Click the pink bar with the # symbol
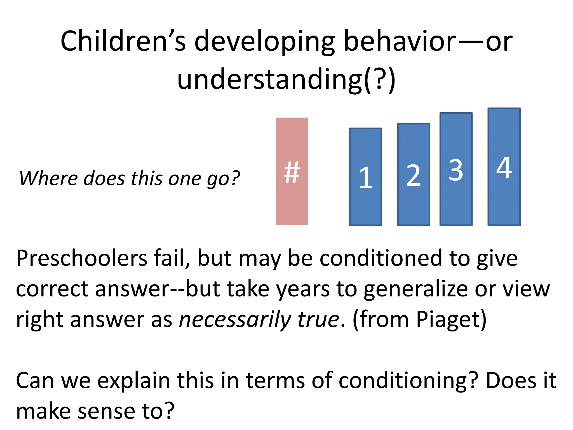click(x=292, y=171)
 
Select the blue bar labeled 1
click(x=365, y=177)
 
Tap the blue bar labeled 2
click(x=414, y=175)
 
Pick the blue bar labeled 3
click(x=456, y=169)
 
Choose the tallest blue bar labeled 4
click(x=504, y=167)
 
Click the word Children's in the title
click(x=123, y=41)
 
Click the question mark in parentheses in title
click(x=379, y=80)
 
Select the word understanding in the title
click(x=270, y=80)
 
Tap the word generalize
click(x=415, y=289)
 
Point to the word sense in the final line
click(x=106, y=412)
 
